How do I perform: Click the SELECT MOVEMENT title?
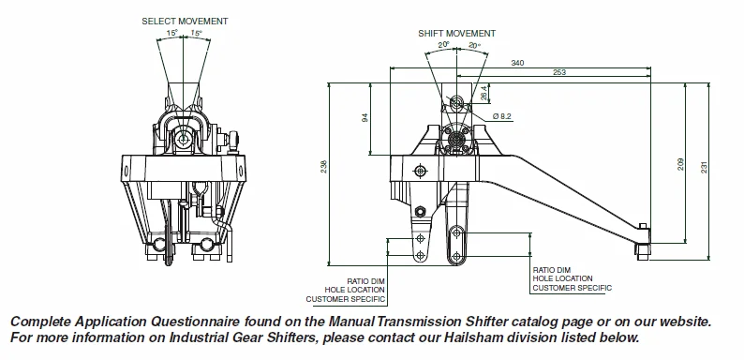[185, 20]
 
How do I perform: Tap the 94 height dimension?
[365, 118]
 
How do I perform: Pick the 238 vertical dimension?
[324, 165]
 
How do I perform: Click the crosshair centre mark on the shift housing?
[419, 170]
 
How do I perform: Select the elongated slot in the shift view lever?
[456, 241]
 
